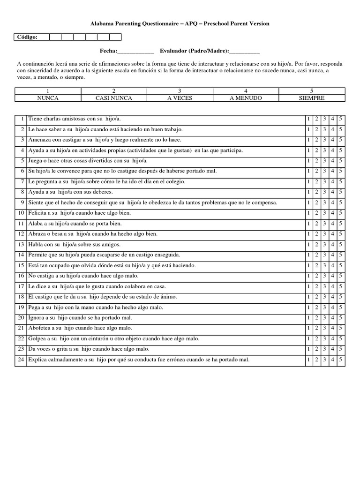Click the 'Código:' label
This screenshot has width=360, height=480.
coord(27,37)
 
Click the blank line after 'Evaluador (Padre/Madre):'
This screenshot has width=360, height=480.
coord(244,51)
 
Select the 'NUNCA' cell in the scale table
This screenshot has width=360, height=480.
coord(48,98)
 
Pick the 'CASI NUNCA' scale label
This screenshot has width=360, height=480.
coord(114,98)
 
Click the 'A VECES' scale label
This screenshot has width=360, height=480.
coord(180,98)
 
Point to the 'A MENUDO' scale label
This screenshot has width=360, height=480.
coord(246,98)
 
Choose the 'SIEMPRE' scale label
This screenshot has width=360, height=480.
coord(312,98)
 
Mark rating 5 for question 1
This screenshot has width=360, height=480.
coord(340,119)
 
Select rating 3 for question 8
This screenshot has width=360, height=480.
coord(324,192)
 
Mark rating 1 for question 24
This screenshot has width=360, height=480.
coord(308,360)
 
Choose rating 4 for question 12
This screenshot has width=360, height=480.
coord(332,234)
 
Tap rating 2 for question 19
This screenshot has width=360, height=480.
coord(316,307)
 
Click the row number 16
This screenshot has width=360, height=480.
coord(21,276)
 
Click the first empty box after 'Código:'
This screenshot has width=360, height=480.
coord(55,37)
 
